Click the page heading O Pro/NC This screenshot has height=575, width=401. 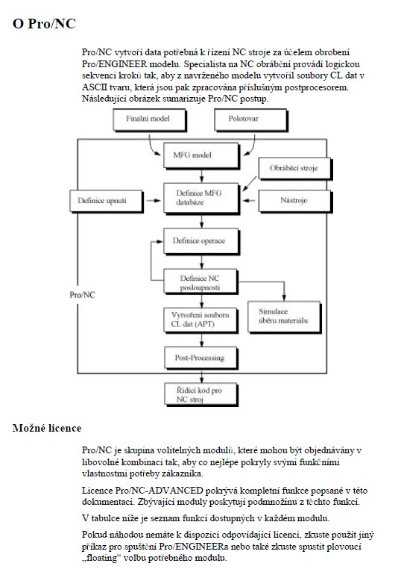(x=44, y=23)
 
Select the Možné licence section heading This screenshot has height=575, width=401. (x=47, y=428)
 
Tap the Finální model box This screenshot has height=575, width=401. (x=149, y=119)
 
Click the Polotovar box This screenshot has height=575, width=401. (x=250, y=119)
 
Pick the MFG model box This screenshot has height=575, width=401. (x=200, y=155)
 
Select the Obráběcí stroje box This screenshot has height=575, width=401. (x=295, y=169)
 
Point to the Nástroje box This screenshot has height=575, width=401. (x=295, y=202)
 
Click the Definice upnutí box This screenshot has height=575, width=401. (x=106, y=201)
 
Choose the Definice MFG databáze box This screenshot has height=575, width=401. (x=200, y=198)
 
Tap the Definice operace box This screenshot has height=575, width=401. (x=200, y=241)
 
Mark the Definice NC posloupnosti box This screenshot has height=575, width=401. (x=200, y=282)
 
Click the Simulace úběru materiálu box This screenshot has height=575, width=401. (x=284, y=317)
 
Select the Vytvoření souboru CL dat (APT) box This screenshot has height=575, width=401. (x=200, y=320)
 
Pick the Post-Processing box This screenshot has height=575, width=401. (x=200, y=358)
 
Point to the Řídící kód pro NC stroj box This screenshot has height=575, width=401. (x=200, y=394)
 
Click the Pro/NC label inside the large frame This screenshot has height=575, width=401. (x=82, y=295)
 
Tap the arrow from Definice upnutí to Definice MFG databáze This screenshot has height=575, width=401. (x=154, y=201)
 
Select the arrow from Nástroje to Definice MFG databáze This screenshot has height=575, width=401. (x=249, y=201)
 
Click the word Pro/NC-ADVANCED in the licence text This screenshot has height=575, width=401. (x=160, y=491)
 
